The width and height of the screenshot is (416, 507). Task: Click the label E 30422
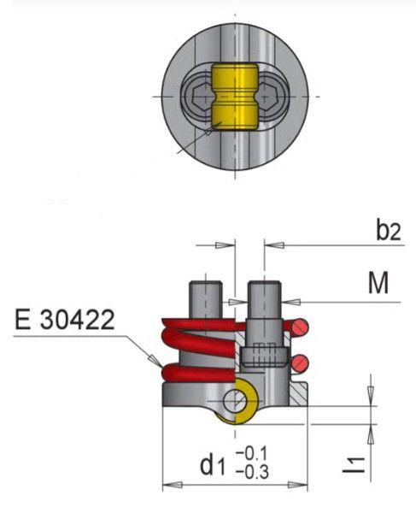click(x=65, y=320)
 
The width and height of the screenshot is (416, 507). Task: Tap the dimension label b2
click(x=389, y=229)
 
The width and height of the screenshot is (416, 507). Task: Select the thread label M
click(x=378, y=283)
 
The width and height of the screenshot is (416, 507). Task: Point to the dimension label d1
click(x=212, y=465)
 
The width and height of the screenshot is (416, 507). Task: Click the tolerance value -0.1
click(x=252, y=454)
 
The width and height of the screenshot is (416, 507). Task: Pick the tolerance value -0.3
click(x=253, y=472)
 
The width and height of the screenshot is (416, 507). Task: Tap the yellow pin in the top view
click(x=235, y=97)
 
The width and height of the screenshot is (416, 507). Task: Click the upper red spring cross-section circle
click(x=300, y=327)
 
